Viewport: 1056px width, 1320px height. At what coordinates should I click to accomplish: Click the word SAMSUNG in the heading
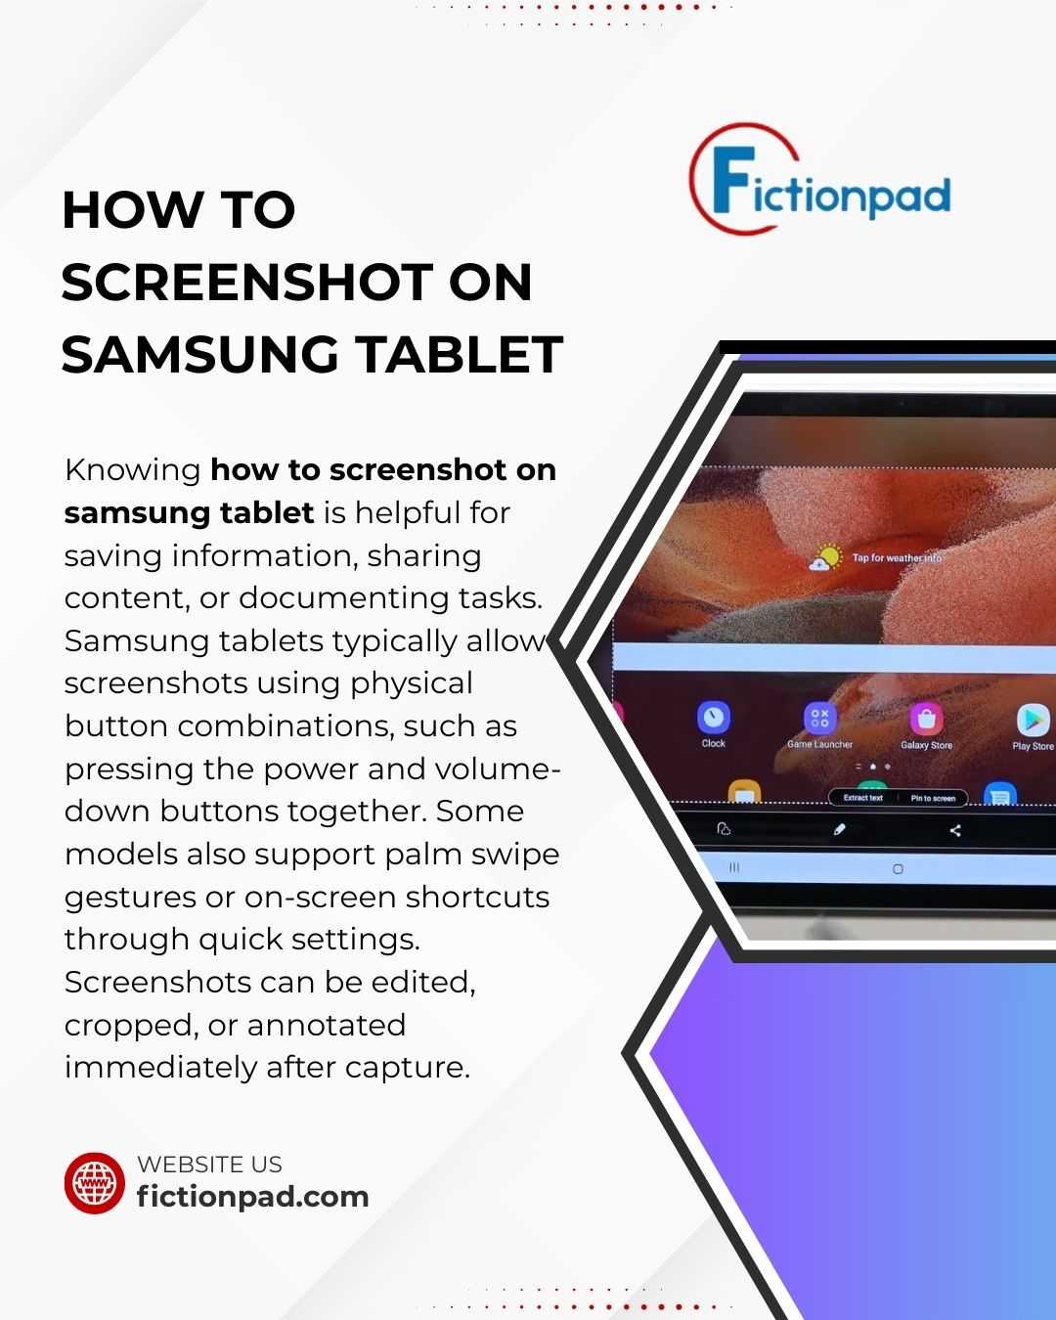(x=199, y=355)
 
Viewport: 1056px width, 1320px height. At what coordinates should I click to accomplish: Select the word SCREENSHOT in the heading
(x=246, y=283)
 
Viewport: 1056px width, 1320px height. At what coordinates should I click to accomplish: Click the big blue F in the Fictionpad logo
(x=734, y=180)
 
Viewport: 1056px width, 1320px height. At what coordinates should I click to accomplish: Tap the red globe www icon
(x=95, y=1182)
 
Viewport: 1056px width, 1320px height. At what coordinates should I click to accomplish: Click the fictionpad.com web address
(x=253, y=1197)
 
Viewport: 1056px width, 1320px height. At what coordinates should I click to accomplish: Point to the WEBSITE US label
(x=209, y=1165)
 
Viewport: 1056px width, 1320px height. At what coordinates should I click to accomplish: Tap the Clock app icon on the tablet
(x=714, y=717)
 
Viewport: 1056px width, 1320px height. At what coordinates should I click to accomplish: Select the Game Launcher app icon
(x=819, y=719)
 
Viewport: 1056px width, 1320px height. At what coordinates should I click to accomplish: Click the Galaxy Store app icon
(x=927, y=719)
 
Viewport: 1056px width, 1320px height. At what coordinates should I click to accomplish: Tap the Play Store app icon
(x=1034, y=720)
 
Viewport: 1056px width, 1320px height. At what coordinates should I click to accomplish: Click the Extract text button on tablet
(x=862, y=798)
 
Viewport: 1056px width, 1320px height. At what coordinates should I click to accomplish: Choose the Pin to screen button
(x=933, y=798)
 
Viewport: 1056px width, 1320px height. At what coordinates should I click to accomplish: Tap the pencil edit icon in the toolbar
(x=839, y=829)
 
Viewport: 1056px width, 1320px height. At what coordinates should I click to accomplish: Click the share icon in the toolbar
(x=954, y=830)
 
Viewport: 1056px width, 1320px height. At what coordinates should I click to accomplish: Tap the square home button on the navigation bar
(x=898, y=868)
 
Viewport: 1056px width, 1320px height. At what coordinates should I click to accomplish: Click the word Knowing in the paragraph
(x=133, y=471)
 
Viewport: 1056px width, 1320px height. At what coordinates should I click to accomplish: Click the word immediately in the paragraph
(x=160, y=1068)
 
